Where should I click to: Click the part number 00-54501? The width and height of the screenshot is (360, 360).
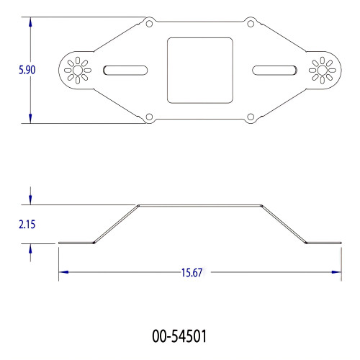click(181, 336)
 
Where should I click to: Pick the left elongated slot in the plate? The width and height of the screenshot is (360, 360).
click(125, 70)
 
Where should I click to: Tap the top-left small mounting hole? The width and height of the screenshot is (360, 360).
click(148, 24)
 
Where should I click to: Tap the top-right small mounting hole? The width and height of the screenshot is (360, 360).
click(251, 24)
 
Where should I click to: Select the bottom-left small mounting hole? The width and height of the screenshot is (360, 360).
click(148, 116)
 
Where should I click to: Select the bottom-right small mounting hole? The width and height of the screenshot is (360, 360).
click(251, 116)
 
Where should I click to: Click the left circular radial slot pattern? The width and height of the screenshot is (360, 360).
click(74, 70)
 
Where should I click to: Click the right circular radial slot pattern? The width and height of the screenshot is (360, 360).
click(321, 70)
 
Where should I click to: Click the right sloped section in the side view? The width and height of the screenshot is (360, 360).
click(283, 224)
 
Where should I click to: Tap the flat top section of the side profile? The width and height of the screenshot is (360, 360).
click(199, 205)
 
